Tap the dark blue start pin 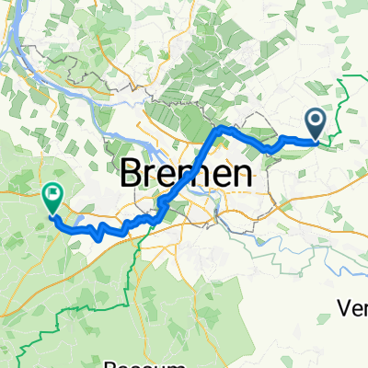pos(315,121)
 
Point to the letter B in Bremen pos(135,173)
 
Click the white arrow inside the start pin pos(315,120)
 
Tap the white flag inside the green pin pos(52,194)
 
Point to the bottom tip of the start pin pos(315,140)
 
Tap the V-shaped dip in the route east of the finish pos(97,236)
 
